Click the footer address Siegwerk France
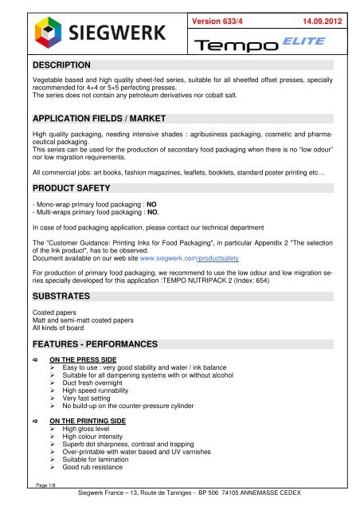pos(190,502)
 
